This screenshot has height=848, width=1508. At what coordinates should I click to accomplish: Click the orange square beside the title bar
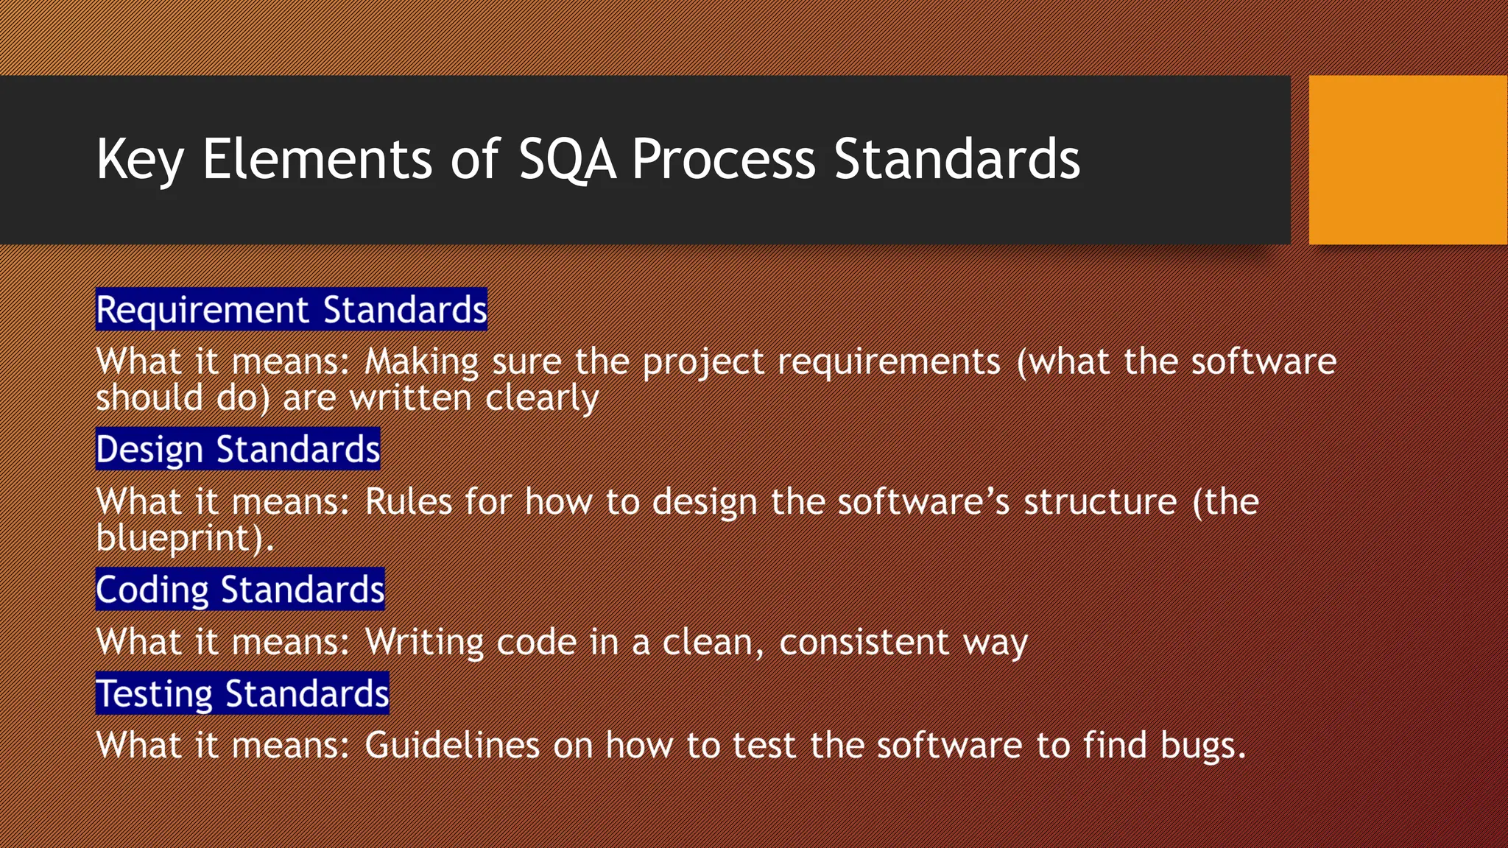pos(1408,160)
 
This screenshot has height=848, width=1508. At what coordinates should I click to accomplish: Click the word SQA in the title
pos(567,160)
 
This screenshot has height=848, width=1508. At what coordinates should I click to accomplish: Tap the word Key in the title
pos(139,160)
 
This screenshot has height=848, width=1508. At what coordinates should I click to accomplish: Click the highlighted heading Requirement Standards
pos(292,309)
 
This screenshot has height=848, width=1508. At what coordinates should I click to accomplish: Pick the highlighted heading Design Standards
pos(238,449)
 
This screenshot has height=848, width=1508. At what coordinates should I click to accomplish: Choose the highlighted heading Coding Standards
pos(240,590)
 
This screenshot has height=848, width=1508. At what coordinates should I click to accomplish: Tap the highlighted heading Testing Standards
pos(242,693)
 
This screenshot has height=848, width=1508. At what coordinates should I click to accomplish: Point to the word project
pos(703,362)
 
